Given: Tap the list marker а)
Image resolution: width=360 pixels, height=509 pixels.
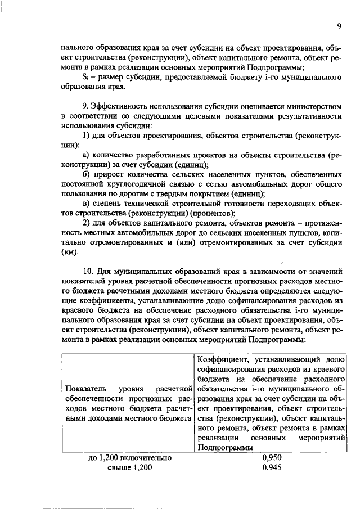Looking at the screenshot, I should click(x=86, y=155).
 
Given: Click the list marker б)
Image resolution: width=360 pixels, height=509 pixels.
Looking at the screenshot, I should click(x=86, y=174).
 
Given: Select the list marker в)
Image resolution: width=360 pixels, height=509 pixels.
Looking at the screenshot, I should click(x=86, y=204).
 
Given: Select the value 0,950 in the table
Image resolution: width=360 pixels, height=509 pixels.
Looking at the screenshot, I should click(x=271, y=458).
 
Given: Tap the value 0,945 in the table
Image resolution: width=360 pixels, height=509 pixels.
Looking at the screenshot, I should click(x=271, y=468).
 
